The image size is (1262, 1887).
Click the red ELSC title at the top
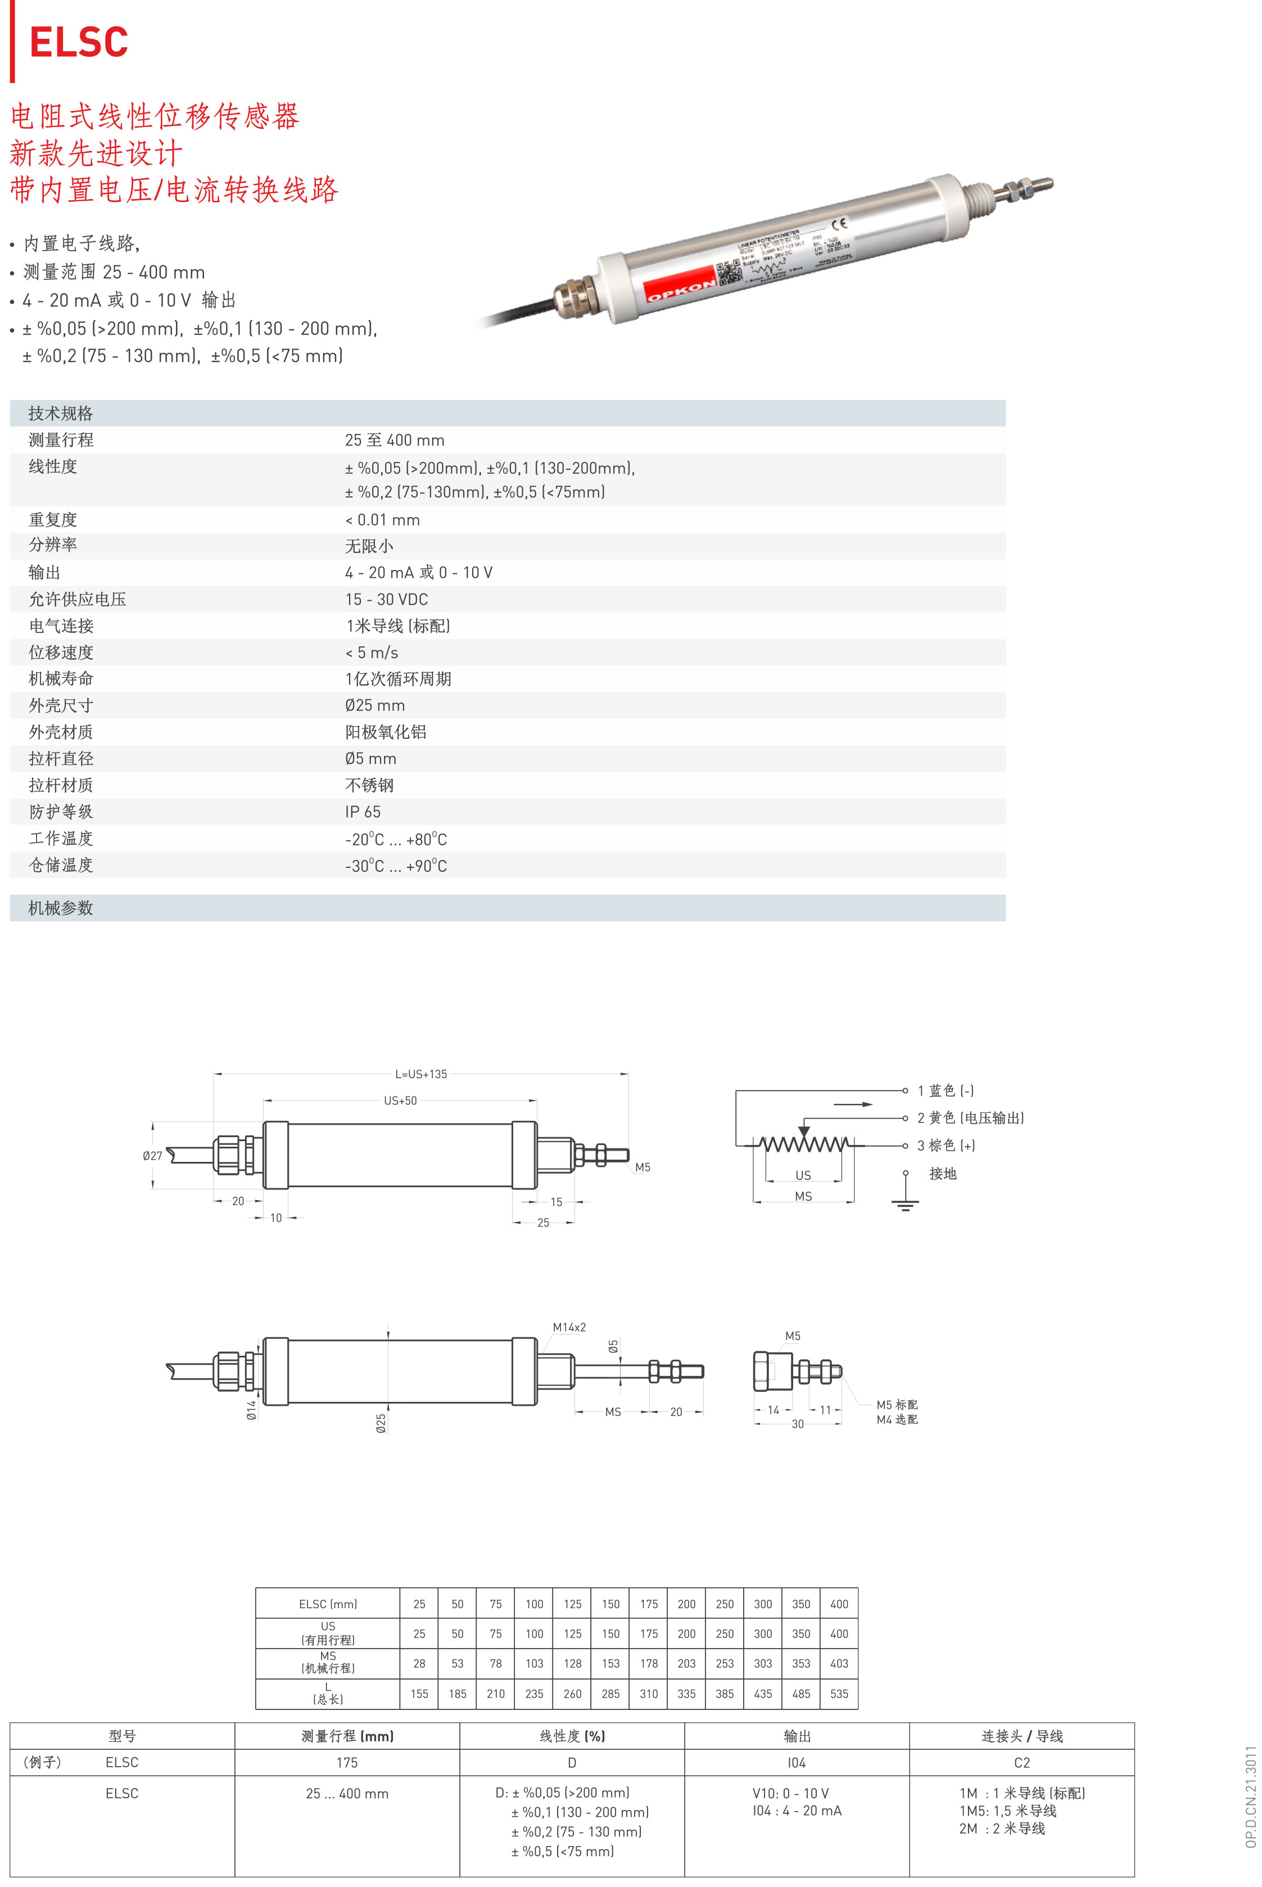[x=79, y=42]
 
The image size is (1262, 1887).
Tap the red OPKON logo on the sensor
[x=681, y=285]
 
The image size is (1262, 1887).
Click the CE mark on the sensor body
[x=839, y=224]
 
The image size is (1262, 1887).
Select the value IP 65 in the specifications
[x=363, y=812]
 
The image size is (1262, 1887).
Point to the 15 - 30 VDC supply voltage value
[x=386, y=600]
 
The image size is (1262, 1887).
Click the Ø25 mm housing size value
[x=375, y=705]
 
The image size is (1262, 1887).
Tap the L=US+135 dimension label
[x=421, y=1074]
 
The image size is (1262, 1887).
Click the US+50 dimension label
[x=400, y=1101]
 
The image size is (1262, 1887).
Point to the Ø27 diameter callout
[x=152, y=1156]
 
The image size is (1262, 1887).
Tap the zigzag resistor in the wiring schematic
[x=803, y=1143]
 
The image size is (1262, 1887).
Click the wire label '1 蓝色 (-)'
[x=946, y=1090]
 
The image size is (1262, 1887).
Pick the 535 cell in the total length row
[x=839, y=1694]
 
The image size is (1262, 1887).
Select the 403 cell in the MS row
[x=839, y=1663]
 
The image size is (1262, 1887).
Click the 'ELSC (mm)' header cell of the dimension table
[x=328, y=1604]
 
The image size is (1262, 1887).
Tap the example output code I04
[x=797, y=1762]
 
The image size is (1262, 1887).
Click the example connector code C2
[x=1022, y=1762]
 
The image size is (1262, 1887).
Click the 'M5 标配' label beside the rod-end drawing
[x=897, y=1405]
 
